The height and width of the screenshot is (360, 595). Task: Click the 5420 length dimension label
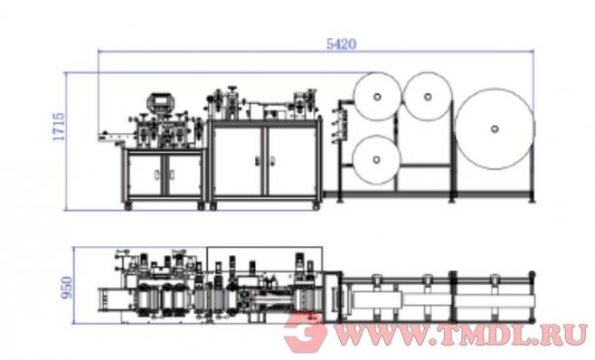click(x=341, y=44)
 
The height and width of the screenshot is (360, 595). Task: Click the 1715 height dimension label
click(x=59, y=127)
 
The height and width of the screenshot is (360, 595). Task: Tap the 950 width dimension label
click(x=66, y=287)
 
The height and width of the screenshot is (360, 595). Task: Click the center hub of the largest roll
click(x=495, y=128)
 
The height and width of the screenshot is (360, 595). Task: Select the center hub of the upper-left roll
click(x=377, y=97)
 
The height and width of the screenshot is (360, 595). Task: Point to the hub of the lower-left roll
click(x=376, y=160)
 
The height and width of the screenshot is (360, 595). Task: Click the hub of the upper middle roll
click(x=428, y=97)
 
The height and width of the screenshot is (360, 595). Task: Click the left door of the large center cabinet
click(x=238, y=161)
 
